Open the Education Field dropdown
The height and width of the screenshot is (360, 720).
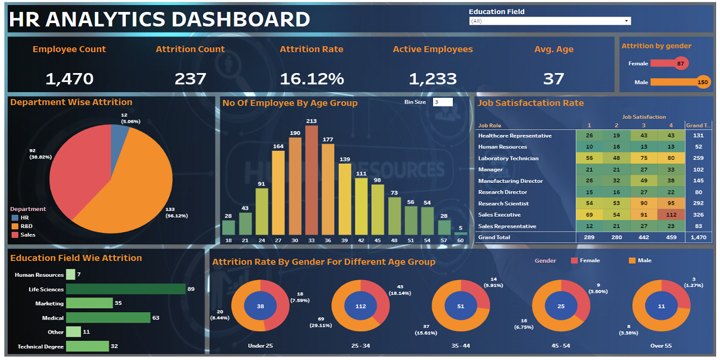click(550, 21)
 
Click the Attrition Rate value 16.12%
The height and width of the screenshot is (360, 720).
click(312, 79)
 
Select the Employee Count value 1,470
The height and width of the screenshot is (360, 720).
click(69, 79)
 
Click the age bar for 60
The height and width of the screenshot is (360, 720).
click(461, 233)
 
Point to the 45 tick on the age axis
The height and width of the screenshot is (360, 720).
click(378, 240)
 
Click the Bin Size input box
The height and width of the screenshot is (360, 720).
click(443, 102)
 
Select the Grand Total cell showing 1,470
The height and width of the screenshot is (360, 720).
click(698, 237)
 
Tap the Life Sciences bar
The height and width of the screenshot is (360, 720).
click(125, 289)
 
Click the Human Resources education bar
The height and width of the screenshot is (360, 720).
click(70, 274)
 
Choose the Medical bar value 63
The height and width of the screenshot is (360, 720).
click(156, 318)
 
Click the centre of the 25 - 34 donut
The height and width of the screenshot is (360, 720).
click(361, 307)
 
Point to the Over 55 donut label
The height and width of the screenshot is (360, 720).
click(660, 345)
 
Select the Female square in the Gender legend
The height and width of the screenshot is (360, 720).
click(574, 260)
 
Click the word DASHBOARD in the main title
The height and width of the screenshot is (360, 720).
click(240, 20)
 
